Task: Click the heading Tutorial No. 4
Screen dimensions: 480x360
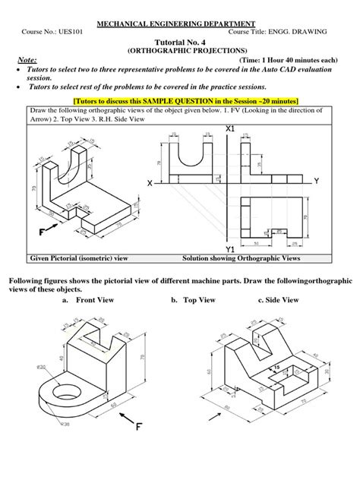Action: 180,44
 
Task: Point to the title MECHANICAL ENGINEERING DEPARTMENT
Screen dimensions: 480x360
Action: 180,23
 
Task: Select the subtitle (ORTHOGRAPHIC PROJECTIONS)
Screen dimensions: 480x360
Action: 180,52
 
